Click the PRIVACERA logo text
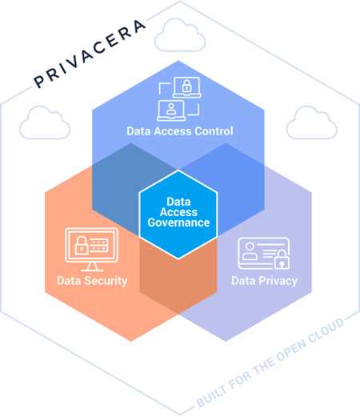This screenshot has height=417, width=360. pyautogui.click(x=90, y=54)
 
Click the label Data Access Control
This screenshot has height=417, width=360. pyautogui.click(x=180, y=131)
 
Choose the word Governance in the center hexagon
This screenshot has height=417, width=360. pyautogui.click(x=178, y=223)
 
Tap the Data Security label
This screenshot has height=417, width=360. pyautogui.click(x=92, y=281)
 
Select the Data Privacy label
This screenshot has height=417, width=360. pyautogui.click(x=264, y=281)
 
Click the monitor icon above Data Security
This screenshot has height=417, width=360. pyautogui.click(x=92, y=249)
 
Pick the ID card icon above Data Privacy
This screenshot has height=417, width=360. pyautogui.click(x=264, y=254)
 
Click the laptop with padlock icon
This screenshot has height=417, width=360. pyautogui.click(x=186, y=87)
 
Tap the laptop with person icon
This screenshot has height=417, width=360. pyautogui.click(x=171, y=110)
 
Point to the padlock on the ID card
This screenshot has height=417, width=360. pyautogui.click(x=282, y=259)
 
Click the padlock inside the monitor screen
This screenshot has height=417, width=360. pyautogui.click(x=82, y=245)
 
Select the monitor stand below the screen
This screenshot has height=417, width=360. pyautogui.click(x=91, y=267)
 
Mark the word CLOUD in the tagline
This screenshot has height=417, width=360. pyautogui.click(x=326, y=330)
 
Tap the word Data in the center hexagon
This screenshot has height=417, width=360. pyautogui.click(x=178, y=202)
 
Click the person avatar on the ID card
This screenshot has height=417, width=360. pyautogui.click(x=250, y=251)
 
